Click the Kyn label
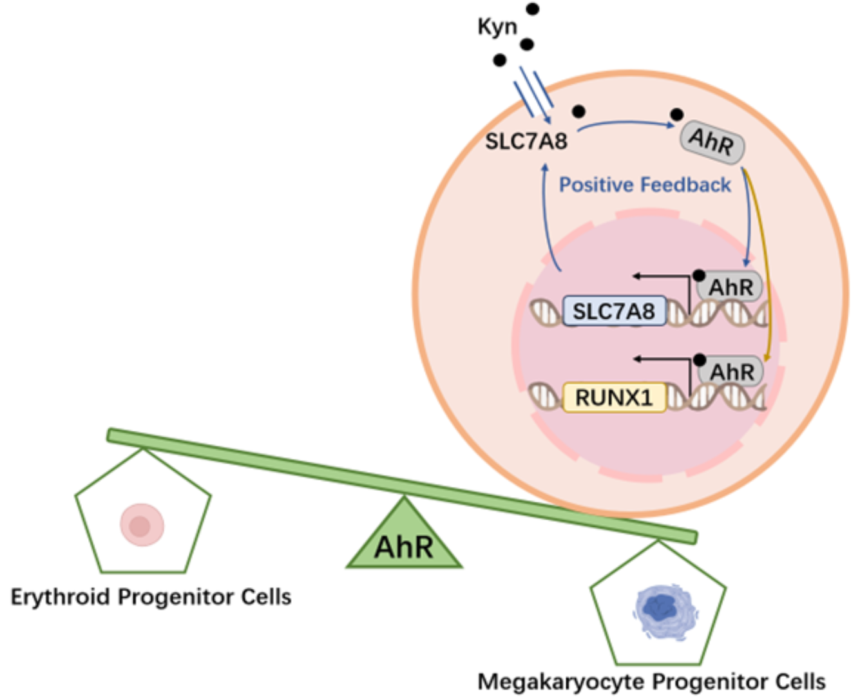click(497, 27)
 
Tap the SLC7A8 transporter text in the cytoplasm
click(526, 141)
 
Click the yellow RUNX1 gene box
click(613, 397)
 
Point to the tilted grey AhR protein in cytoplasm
click(712, 141)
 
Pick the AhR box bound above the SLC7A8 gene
click(731, 287)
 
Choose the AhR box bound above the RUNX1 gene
click(731, 372)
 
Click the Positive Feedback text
click(644, 185)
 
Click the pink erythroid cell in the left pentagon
click(142, 525)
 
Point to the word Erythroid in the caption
click(60, 597)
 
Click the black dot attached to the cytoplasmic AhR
click(676, 115)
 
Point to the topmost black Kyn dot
click(533, 9)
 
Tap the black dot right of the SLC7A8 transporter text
click(578, 112)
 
